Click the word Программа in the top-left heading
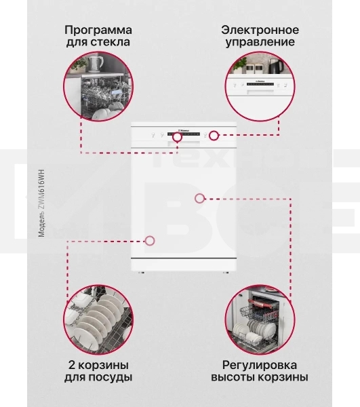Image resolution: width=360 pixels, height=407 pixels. [x=98, y=31]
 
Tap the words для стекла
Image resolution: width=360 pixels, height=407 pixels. [x=98, y=43]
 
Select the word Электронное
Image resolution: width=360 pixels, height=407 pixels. [x=260, y=31]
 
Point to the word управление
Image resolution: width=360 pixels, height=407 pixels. [x=260, y=43]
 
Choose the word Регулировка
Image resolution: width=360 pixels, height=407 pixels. [x=260, y=364]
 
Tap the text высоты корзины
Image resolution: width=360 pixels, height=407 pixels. [x=260, y=377]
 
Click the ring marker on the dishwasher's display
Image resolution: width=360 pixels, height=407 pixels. [x=178, y=136]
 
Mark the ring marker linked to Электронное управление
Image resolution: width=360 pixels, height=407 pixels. [x=214, y=136]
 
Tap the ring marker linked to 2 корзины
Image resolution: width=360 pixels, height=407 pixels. [x=150, y=240]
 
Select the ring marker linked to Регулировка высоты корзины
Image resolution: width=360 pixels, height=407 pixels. [x=199, y=198]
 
